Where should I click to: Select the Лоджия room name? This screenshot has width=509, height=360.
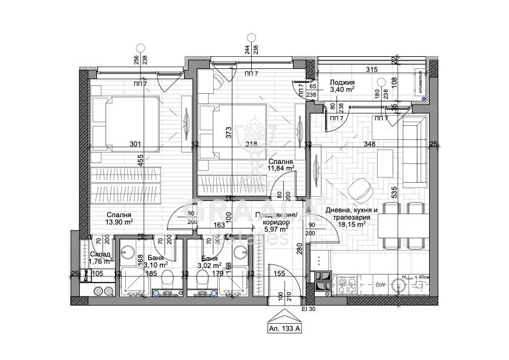point(342,82)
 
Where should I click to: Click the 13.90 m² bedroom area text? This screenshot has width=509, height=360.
point(119,222)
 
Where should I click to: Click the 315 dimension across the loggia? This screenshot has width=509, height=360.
point(372,70)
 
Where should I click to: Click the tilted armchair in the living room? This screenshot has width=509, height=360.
point(360,189)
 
